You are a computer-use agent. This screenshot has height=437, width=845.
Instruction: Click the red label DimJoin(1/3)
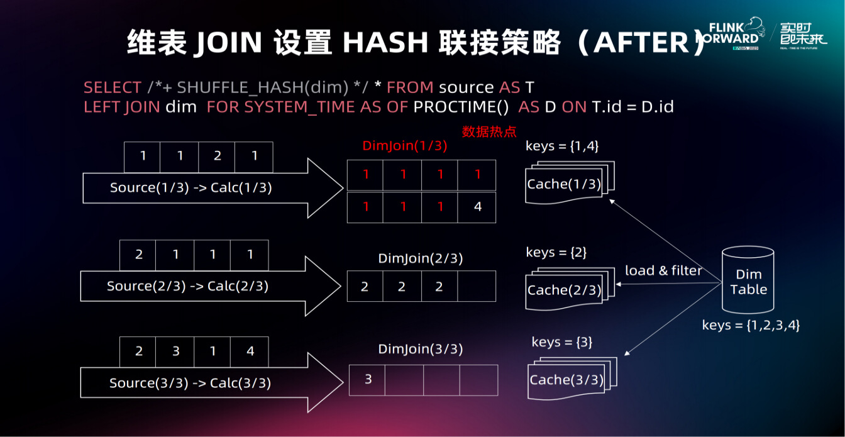coord(405,146)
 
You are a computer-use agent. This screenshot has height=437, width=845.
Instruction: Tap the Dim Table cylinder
coord(748,280)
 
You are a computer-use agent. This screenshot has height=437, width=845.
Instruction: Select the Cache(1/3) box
coord(570,182)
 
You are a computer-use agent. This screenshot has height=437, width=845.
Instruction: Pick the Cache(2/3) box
coord(570,289)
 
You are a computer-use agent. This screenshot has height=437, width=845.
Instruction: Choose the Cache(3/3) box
coord(572,378)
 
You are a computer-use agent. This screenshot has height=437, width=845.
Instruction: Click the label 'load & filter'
coord(663,270)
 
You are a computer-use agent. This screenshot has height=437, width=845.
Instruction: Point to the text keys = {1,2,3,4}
coord(751,325)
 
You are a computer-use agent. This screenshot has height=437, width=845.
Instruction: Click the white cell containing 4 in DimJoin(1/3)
coord(477,207)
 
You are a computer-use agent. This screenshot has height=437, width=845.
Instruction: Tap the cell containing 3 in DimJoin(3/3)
coord(367,380)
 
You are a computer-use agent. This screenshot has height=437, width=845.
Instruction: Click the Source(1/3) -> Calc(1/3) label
coord(191,187)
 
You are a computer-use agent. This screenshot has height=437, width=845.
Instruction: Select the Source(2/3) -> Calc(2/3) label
coord(187,286)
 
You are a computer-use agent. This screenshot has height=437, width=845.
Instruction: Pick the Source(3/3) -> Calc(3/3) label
coord(190,383)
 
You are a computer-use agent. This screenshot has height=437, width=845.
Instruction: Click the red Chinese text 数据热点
coord(489,131)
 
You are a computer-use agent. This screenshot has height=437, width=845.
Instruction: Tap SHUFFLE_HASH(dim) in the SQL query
coord(263,87)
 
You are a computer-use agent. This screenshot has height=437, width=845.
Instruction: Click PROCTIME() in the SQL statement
coord(461,107)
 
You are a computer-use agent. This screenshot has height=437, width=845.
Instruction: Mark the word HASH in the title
coord(385,42)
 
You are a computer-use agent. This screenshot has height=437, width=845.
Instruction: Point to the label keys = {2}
coord(556,252)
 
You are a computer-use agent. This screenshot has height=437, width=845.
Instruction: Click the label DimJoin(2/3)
coord(420,258)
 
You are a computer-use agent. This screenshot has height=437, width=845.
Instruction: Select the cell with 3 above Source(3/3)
coord(175,351)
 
